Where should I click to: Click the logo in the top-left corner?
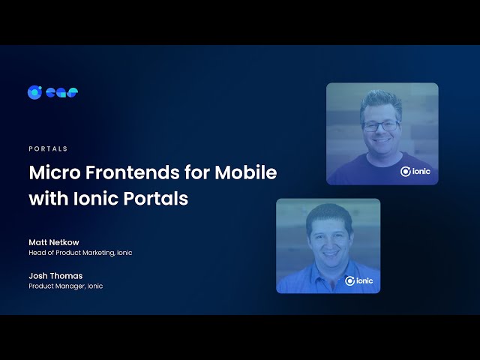pyautogui.click(x=52, y=92)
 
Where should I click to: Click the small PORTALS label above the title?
pyautogui.click(x=48, y=148)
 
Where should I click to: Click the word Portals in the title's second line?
pyautogui.click(x=157, y=199)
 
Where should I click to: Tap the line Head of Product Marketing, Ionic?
pyautogui.click(x=80, y=253)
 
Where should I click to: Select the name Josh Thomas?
pyautogui.click(x=55, y=275)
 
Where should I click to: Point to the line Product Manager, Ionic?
pyautogui.click(x=66, y=286)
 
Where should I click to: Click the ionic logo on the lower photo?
pyautogui.click(x=358, y=280)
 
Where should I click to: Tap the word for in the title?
pyautogui.click(x=197, y=172)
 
